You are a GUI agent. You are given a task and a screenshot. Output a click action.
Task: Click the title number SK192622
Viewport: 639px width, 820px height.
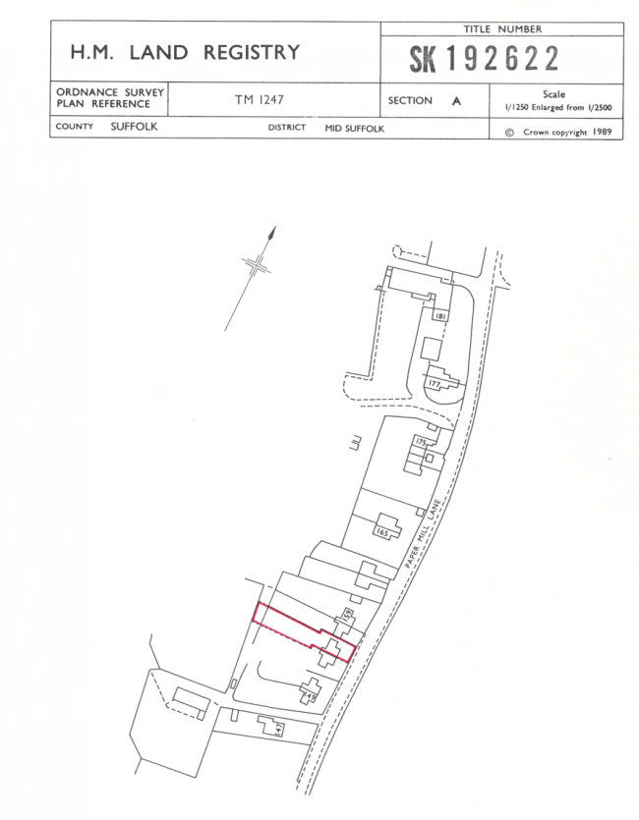click(485, 60)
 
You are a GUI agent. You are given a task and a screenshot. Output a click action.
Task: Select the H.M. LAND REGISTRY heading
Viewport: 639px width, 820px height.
click(185, 52)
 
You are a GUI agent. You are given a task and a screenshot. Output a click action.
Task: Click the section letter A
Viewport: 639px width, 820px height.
click(455, 100)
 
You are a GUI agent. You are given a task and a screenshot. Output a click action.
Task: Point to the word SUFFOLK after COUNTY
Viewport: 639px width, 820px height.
click(134, 127)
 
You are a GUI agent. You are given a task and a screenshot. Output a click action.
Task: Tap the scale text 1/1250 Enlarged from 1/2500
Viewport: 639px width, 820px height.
click(555, 105)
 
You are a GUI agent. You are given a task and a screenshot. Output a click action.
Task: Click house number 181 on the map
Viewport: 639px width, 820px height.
click(439, 316)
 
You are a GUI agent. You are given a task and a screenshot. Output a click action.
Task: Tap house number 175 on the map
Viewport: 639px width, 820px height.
click(422, 443)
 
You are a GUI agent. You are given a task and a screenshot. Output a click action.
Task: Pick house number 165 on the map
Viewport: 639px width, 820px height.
click(382, 531)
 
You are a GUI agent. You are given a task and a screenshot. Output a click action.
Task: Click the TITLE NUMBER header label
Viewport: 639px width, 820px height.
click(501, 29)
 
